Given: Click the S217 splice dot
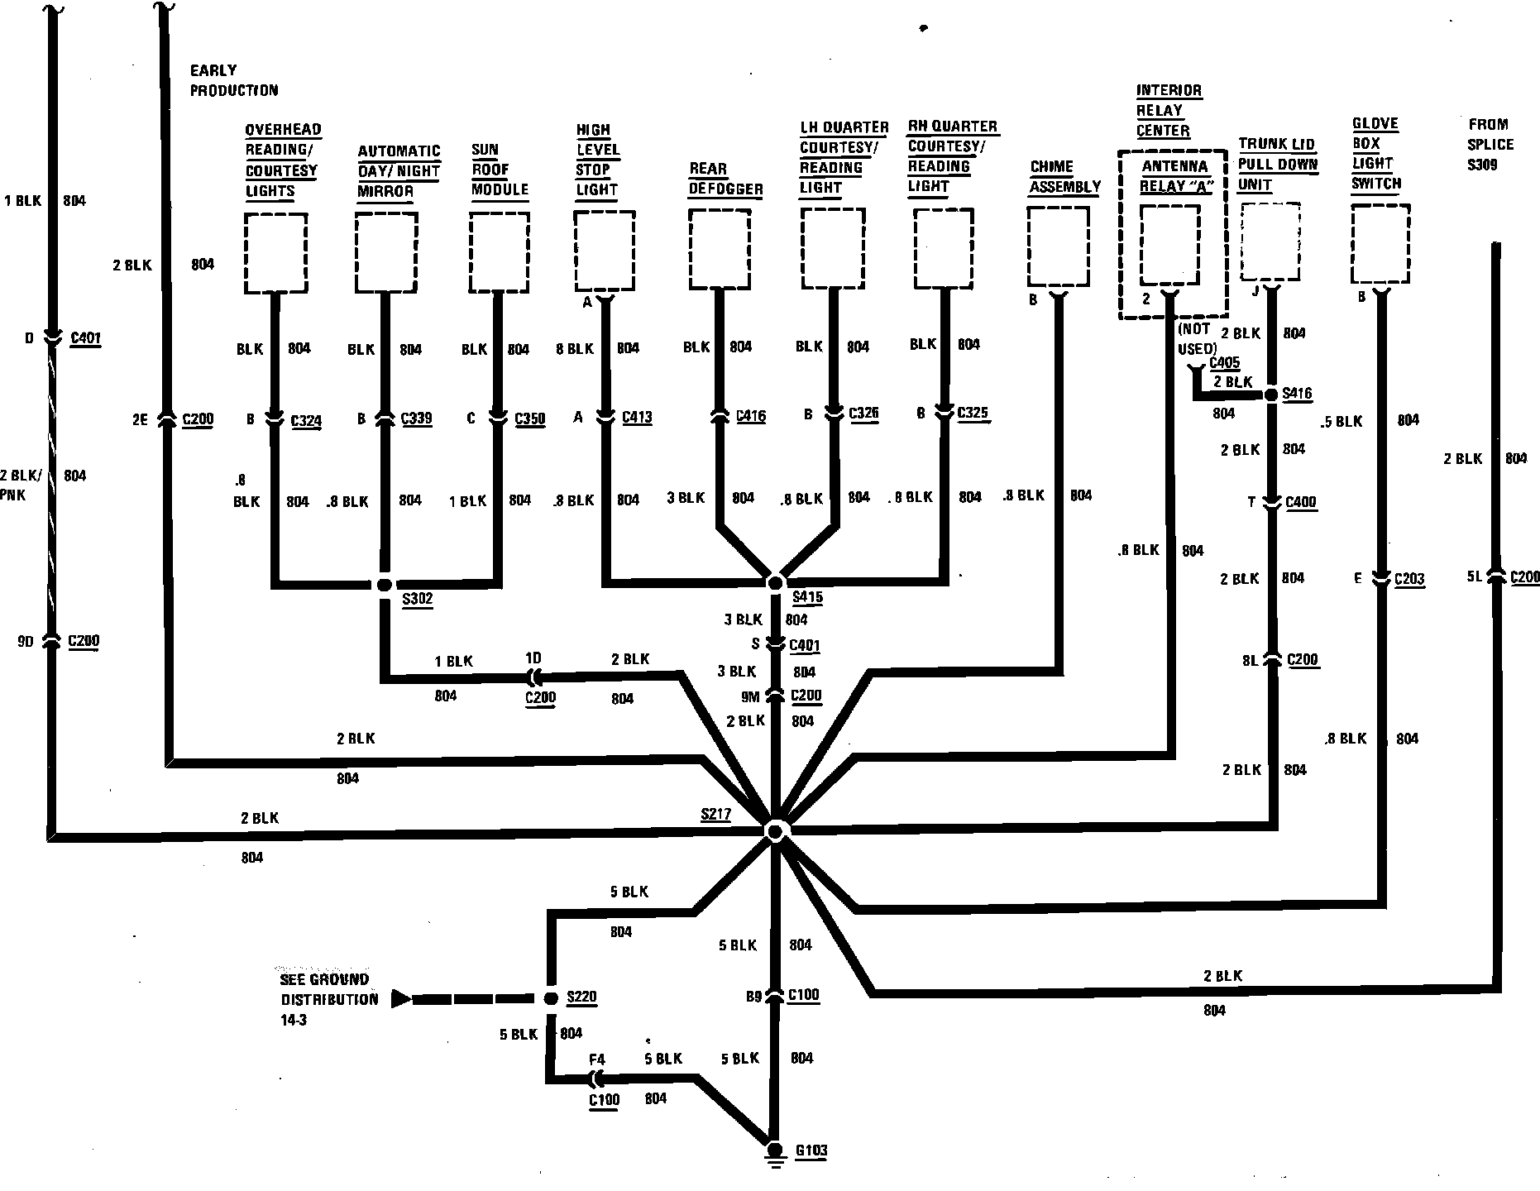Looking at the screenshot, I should tap(775, 830).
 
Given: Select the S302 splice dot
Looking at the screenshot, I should tap(384, 585).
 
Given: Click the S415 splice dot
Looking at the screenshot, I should tap(775, 583).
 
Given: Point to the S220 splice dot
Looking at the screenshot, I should tap(550, 998).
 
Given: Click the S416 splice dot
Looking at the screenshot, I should tap(1272, 395).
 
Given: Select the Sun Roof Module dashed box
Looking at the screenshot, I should tap(499, 252).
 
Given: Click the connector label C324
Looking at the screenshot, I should tap(306, 421).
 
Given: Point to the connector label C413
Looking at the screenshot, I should tap(637, 418).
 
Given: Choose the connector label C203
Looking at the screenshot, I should tap(1409, 579).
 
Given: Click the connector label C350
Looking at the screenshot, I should tap(529, 419).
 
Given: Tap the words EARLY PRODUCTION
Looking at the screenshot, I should tap(234, 80).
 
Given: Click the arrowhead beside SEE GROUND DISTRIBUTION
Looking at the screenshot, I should tap(401, 999).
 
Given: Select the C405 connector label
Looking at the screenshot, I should tap(1224, 362).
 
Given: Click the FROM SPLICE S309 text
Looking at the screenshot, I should tap(1490, 145).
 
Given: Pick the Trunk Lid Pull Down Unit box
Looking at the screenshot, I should tap(1270, 242).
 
